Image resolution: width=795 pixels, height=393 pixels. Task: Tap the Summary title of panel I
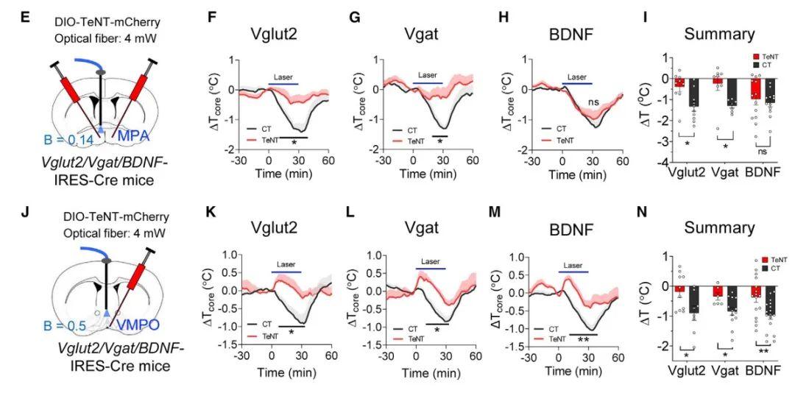[x=719, y=34]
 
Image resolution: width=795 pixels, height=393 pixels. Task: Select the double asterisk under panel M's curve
[x=583, y=339]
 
